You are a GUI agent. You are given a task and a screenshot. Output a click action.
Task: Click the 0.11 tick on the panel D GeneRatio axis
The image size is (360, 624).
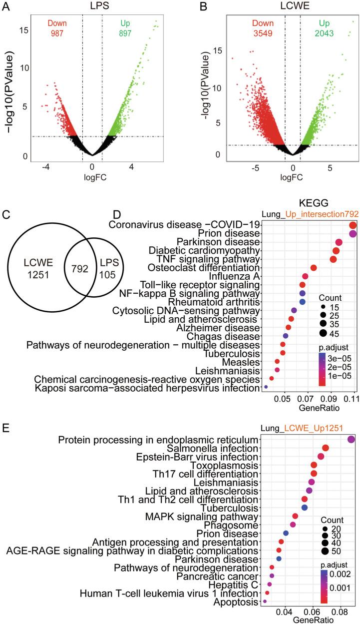point(353,399)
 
